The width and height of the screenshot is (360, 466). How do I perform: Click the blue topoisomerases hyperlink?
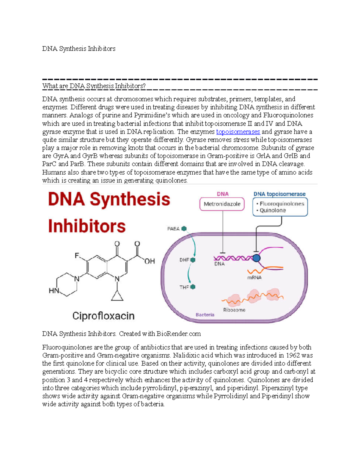[x=238, y=132]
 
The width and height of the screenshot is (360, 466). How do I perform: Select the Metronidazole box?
[x=222, y=204]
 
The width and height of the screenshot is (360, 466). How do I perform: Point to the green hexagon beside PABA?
[x=184, y=229]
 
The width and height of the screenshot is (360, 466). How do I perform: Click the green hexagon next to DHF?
[x=193, y=260]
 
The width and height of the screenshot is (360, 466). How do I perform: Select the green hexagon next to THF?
[x=193, y=287]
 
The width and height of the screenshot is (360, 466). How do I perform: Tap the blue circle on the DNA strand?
[x=256, y=258]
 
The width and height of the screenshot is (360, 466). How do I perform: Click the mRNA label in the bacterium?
[x=254, y=278]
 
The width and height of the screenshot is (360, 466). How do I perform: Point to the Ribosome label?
[x=234, y=310]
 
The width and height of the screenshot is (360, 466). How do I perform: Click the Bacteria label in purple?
[x=205, y=315]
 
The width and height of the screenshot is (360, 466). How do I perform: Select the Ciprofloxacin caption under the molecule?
[x=103, y=316]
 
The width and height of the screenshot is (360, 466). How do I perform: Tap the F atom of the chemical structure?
[x=77, y=256]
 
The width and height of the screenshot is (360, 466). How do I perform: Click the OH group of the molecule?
[x=149, y=261]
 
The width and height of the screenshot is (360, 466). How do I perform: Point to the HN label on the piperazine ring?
[x=54, y=290]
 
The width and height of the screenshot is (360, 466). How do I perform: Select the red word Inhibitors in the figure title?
[x=87, y=226]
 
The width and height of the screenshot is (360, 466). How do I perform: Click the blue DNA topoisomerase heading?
[x=279, y=194]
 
